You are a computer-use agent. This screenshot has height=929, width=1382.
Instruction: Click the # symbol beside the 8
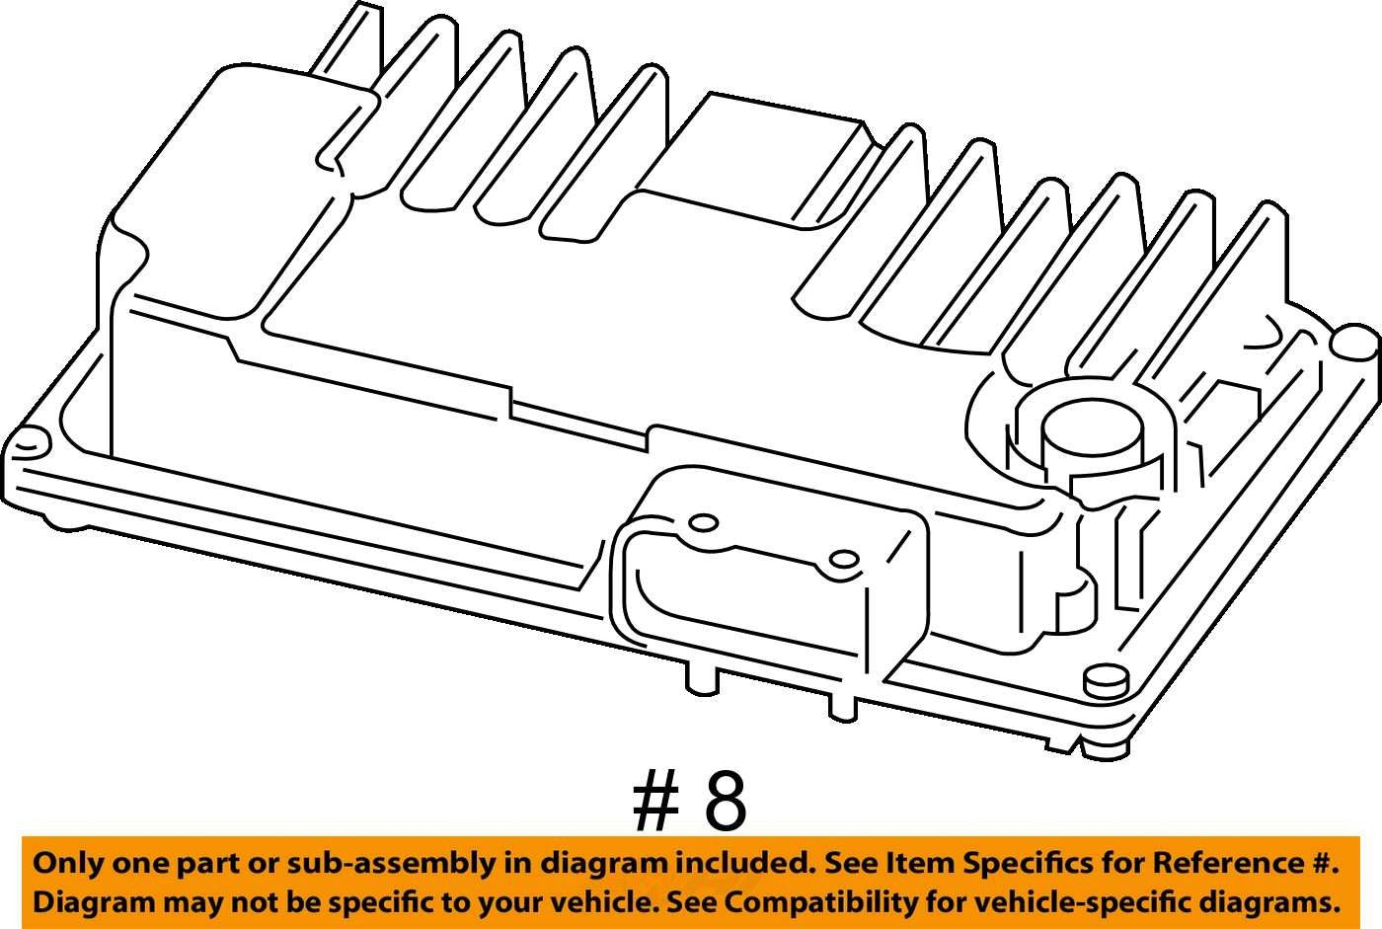[x=655, y=802]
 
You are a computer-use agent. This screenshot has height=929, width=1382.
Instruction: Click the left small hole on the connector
[x=703, y=523]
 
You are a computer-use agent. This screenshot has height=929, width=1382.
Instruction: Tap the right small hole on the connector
[x=843, y=560]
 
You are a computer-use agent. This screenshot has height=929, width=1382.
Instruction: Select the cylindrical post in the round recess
[x=1091, y=445]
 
